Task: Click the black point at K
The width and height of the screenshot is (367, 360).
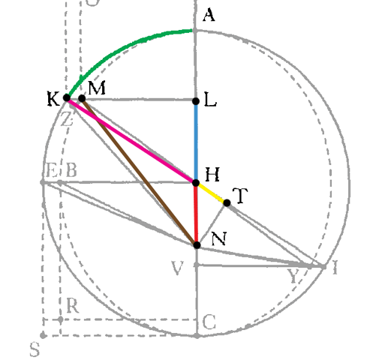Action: [67, 97]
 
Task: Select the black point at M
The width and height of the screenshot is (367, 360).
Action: [82, 98]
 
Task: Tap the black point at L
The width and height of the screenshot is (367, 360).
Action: [196, 101]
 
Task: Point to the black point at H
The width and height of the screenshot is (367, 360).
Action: [196, 183]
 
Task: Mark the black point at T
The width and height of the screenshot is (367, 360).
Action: [227, 202]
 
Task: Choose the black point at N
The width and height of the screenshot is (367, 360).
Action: [197, 245]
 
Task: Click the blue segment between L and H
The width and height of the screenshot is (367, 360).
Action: [196, 142]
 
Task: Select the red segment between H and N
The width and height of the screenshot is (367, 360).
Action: [197, 214]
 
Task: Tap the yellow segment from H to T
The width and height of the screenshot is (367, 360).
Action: [212, 193]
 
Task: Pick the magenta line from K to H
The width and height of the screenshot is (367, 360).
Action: [131, 140]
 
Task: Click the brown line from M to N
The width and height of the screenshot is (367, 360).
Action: [140, 172]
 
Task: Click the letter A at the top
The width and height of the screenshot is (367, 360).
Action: [209, 15]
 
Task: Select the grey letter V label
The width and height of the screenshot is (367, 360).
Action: [178, 268]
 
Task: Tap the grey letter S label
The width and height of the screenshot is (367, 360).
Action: [35, 349]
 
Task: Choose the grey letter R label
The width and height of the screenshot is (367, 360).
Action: [73, 306]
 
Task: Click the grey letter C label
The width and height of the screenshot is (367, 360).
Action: [209, 322]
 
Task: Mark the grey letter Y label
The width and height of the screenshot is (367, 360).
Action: [293, 276]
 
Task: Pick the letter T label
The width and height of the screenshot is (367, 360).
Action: [240, 196]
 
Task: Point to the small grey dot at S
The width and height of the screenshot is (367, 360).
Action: [43, 335]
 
